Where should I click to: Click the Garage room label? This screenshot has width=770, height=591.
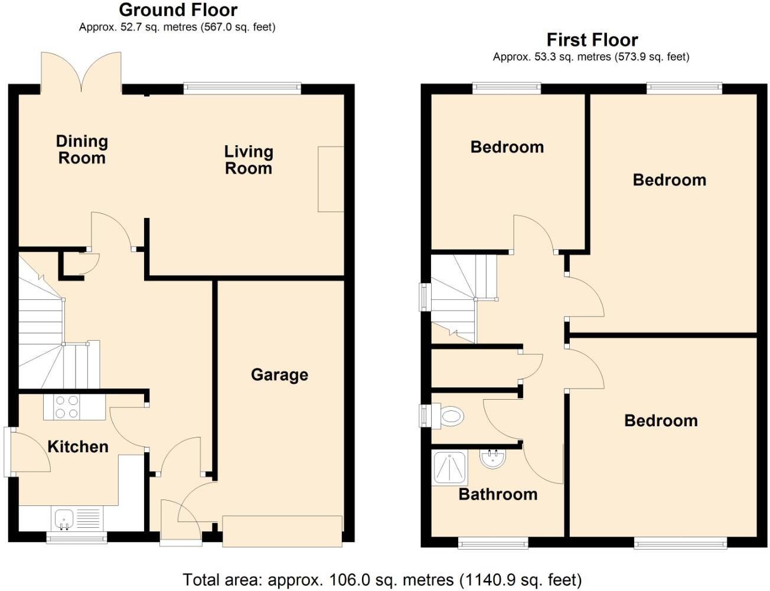[x=279, y=375]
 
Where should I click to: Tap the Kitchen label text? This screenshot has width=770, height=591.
[x=78, y=446]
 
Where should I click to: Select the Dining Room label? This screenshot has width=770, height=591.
[x=81, y=149]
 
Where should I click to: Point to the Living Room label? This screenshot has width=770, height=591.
[x=249, y=160]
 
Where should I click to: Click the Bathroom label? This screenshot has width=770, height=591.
[x=498, y=494]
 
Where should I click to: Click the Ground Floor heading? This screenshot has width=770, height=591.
[x=178, y=10]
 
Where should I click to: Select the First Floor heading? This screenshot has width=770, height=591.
[x=592, y=40]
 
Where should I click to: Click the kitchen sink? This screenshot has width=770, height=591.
[x=64, y=519]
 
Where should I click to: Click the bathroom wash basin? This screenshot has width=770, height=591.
[x=492, y=459]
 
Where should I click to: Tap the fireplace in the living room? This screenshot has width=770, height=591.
[x=331, y=179]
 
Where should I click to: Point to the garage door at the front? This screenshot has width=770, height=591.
[x=282, y=530]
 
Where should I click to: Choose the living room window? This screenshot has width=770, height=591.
[x=242, y=88]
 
